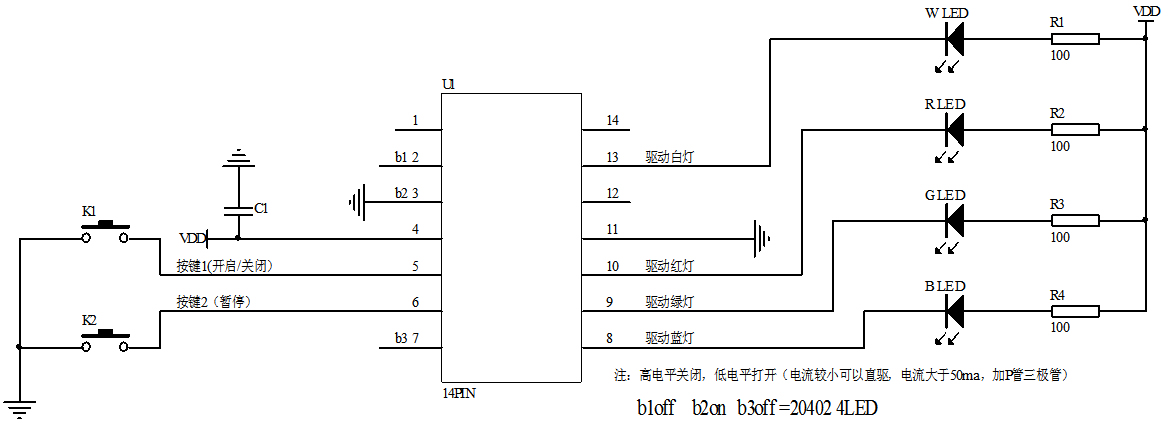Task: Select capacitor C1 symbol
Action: [x=237, y=210]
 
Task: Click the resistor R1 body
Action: [x=1074, y=39]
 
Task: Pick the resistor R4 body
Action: [x=1074, y=311]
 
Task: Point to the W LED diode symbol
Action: [x=954, y=39]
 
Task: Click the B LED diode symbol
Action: [x=954, y=311]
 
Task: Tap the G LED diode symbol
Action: [x=954, y=220]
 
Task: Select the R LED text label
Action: [x=945, y=103]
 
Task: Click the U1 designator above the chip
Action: [x=449, y=85]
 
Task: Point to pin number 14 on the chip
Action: [x=612, y=121]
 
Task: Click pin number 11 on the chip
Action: [x=612, y=230]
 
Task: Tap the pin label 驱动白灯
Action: [x=670, y=157]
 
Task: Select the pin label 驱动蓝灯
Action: [x=670, y=338]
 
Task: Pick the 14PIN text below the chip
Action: [x=458, y=393]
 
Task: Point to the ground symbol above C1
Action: [x=237, y=157]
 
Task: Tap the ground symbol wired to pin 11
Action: [x=762, y=239]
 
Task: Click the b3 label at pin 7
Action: [x=399, y=338]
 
